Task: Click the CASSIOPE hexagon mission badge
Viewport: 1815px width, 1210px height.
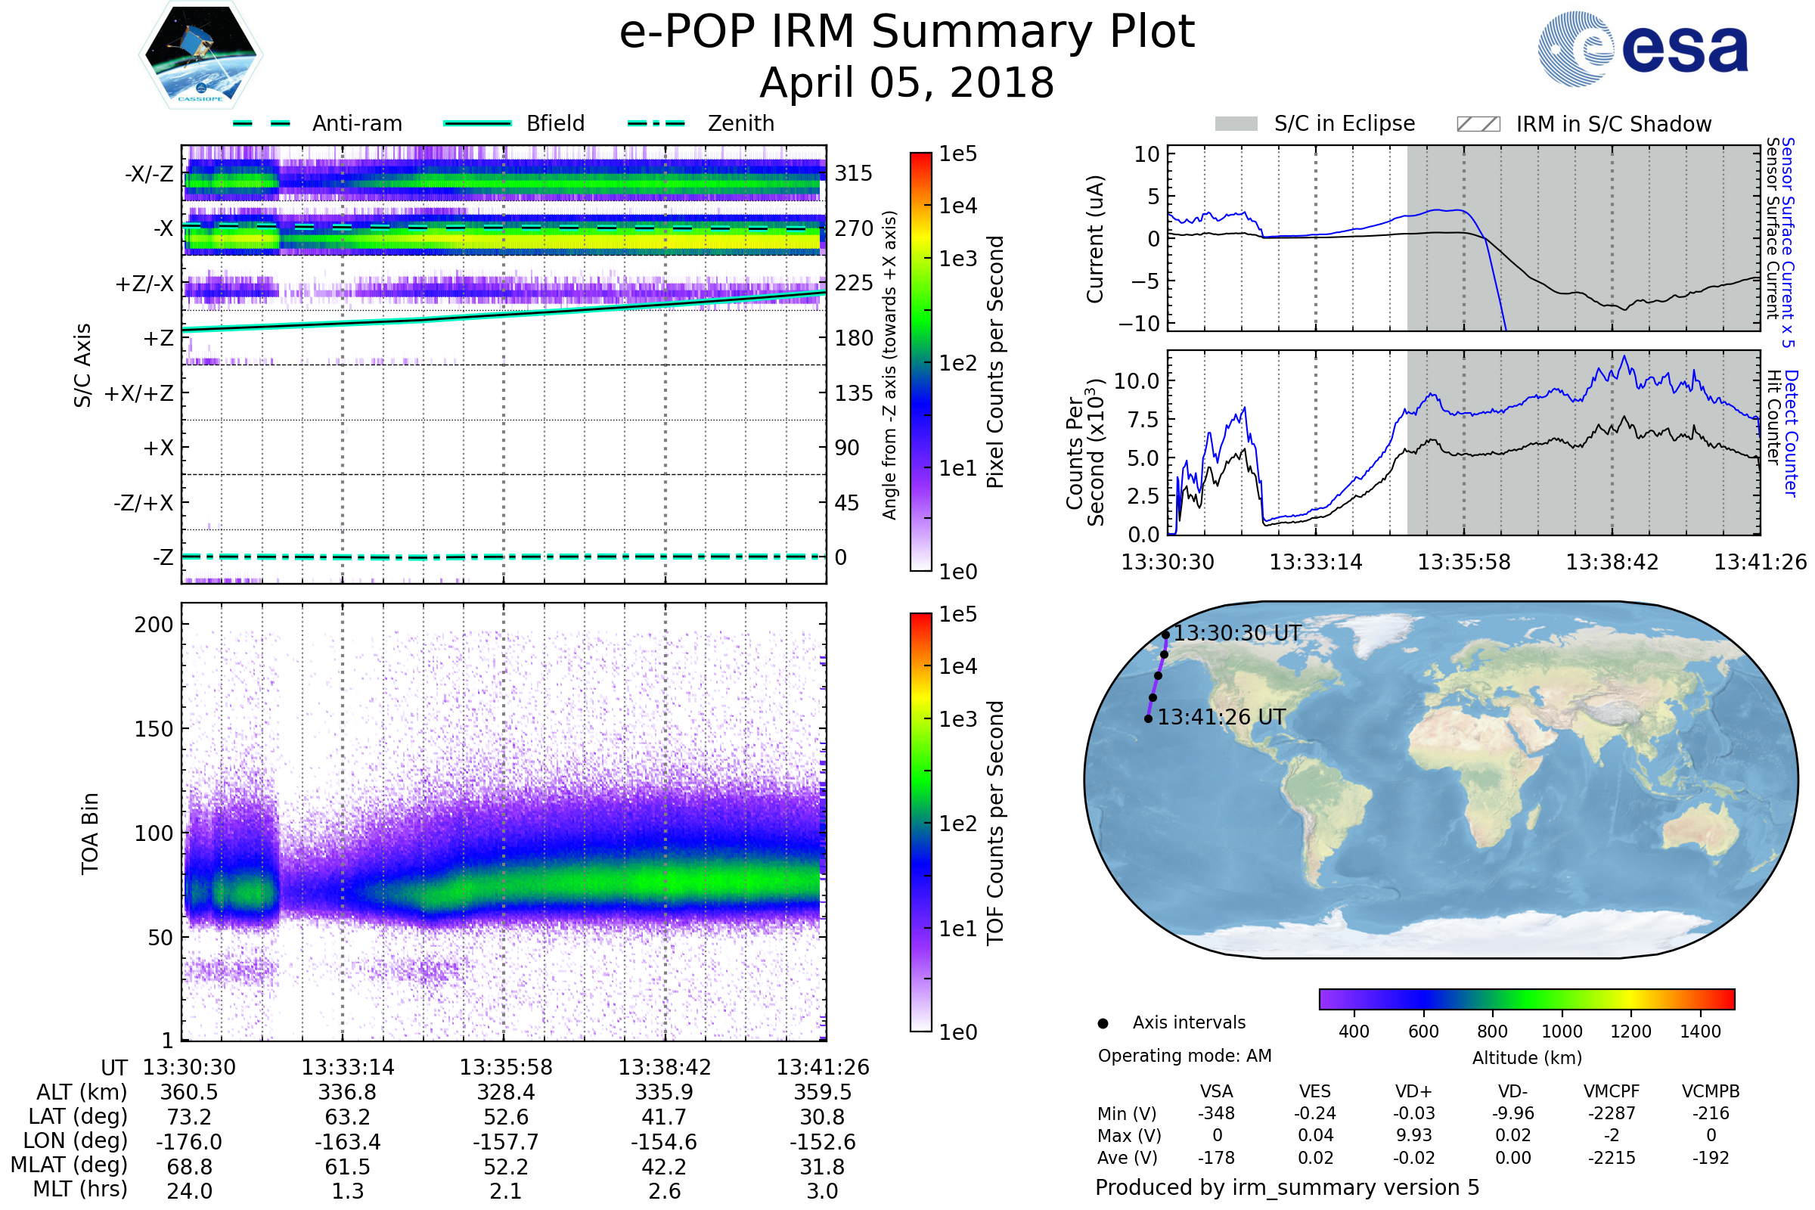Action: [x=200, y=54]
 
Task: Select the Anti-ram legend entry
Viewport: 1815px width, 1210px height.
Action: [x=317, y=123]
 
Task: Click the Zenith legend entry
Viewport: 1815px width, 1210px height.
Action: [x=701, y=123]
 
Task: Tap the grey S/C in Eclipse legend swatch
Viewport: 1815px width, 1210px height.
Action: [x=1236, y=124]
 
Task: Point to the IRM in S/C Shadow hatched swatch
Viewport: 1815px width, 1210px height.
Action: [x=1478, y=124]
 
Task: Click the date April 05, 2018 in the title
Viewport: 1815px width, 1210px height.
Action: [x=907, y=82]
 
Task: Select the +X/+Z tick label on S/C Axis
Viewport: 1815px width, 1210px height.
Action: [x=139, y=393]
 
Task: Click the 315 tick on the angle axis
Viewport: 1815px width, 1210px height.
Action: [x=854, y=173]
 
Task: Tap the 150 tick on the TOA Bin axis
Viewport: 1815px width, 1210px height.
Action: [x=154, y=729]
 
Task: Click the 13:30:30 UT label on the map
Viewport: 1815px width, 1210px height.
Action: [x=1237, y=634]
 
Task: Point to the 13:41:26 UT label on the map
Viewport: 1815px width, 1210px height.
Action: [x=1221, y=718]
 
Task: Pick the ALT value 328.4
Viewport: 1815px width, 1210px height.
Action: [x=505, y=1093]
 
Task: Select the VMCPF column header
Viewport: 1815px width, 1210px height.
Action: [x=1612, y=1091]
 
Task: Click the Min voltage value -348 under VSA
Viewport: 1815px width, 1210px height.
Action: [x=1216, y=1113]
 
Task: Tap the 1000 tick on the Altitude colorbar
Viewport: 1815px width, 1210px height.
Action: [x=1562, y=1032]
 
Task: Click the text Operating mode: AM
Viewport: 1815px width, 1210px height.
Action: [x=1184, y=1056]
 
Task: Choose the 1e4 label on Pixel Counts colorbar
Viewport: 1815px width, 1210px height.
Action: [x=957, y=206]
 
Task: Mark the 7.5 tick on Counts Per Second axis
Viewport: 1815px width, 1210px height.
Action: [x=1143, y=420]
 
